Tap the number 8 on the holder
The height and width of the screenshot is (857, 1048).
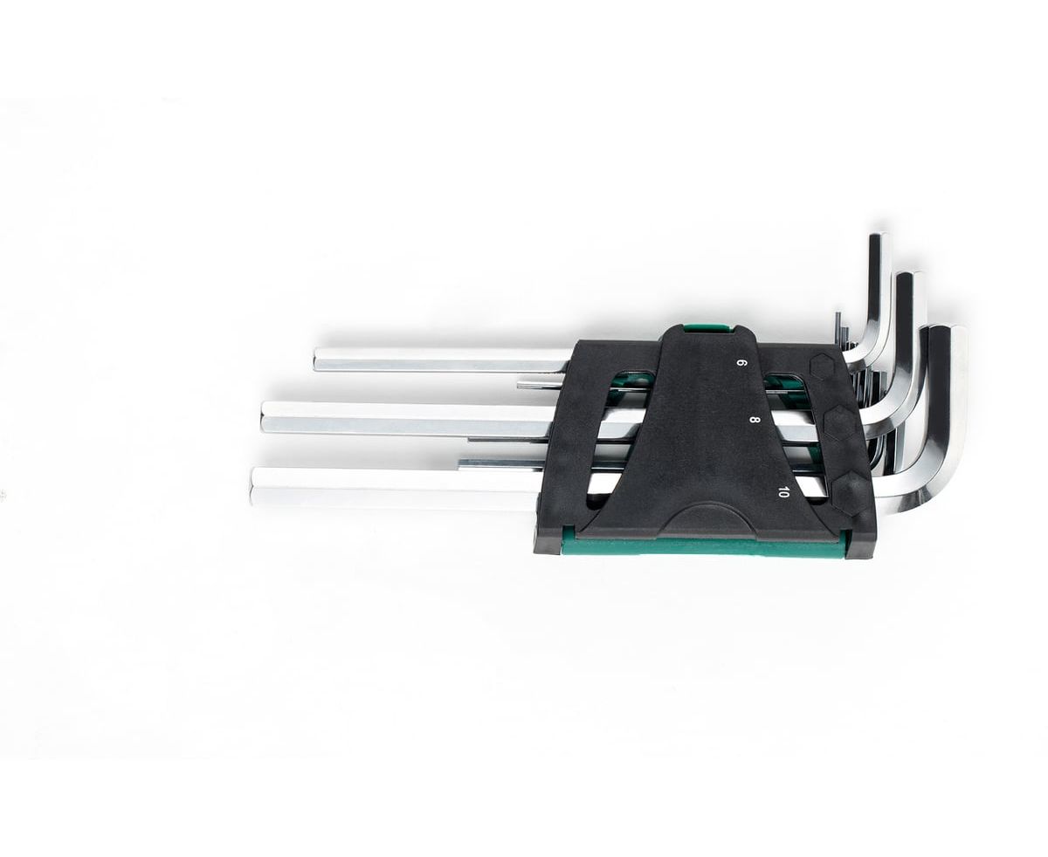click(x=755, y=420)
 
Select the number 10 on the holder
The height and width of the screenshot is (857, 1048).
click(x=783, y=492)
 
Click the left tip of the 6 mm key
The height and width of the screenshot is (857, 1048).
click(x=315, y=359)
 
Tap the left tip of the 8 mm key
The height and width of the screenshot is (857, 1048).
click(x=262, y=420)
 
